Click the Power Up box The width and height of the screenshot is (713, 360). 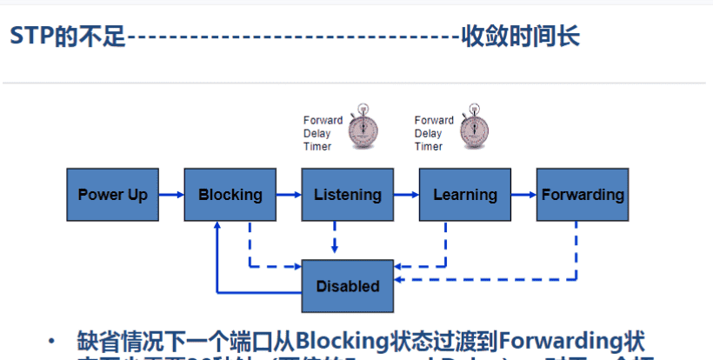112,195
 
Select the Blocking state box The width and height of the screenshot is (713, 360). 230,195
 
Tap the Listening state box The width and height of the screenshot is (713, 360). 347,195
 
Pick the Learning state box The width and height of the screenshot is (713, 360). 464,195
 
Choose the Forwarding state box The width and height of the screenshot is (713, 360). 582,195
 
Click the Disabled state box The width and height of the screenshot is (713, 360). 347,286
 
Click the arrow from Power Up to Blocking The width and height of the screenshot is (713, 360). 170,195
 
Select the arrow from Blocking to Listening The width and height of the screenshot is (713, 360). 288,195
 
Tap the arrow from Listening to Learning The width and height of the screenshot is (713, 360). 405,195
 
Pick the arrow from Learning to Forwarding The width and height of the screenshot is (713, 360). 523,195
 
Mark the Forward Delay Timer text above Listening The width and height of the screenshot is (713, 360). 323,133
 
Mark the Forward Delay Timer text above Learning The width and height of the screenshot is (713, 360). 434,133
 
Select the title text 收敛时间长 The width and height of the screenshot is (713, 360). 520,37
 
